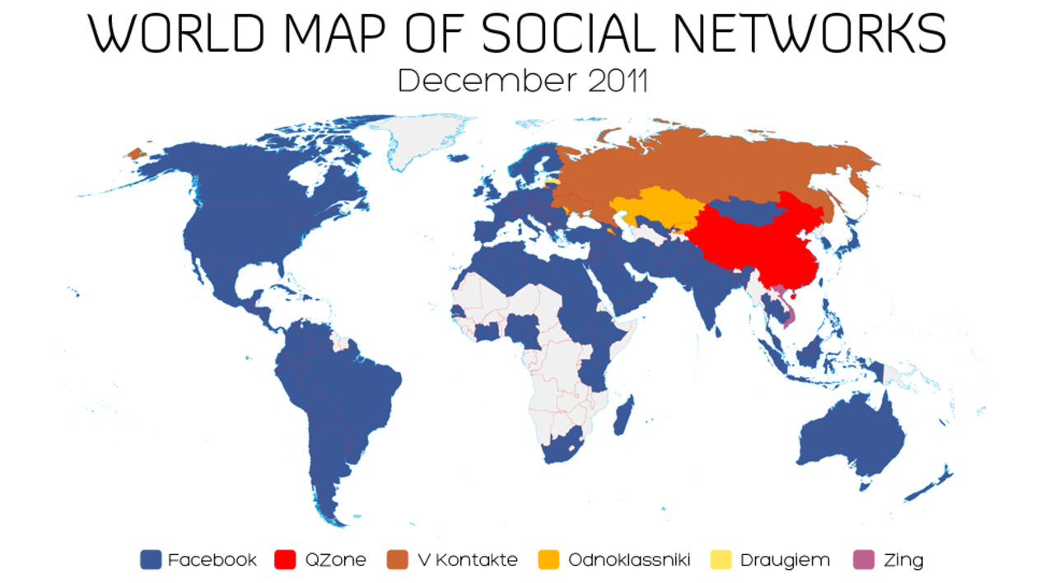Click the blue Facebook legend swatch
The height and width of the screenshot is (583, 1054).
pos(151,560)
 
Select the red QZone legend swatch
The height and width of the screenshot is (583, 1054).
pos(287,560)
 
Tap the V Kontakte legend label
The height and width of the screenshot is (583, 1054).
pos(467,560)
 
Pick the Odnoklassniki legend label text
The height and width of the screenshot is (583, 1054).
pos(628,560)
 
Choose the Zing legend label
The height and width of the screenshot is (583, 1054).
pos(904,560)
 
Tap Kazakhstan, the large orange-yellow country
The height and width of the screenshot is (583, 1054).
pos(655,209)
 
